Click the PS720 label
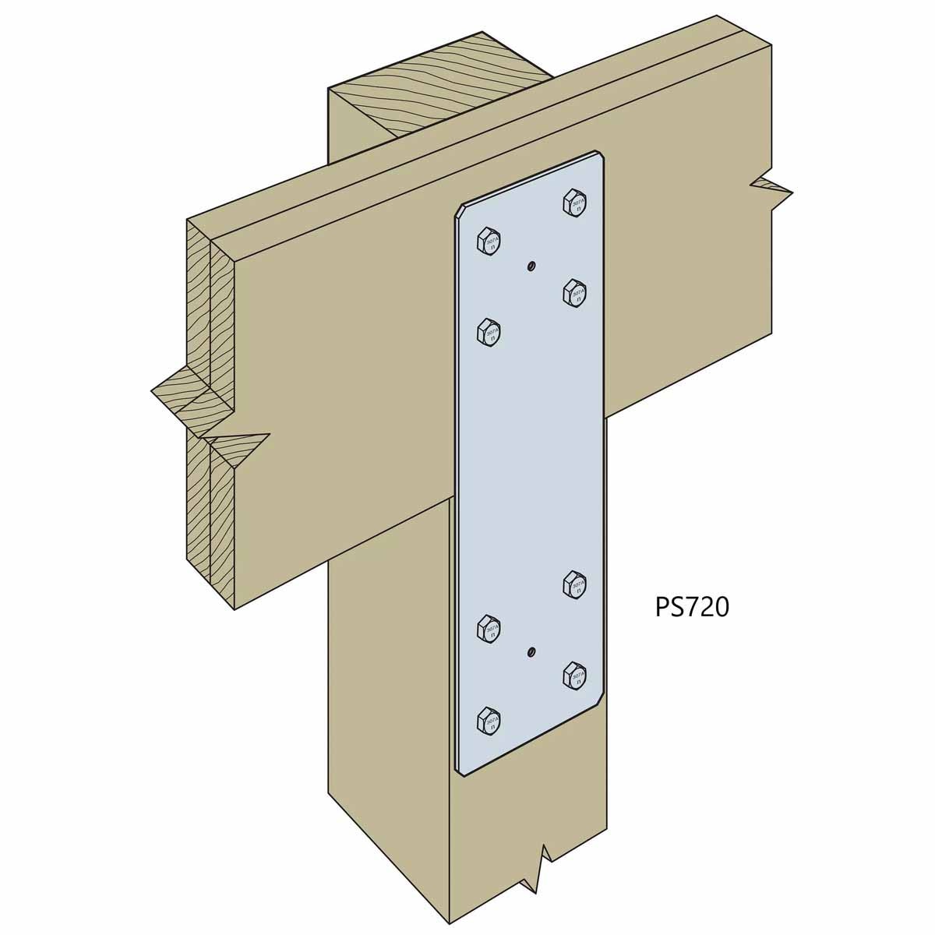click(x=691, y=607)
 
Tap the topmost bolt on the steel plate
click(x=574, y=202)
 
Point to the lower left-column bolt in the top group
click(x=489, y=331)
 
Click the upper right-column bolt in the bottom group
click(x=574, y=584)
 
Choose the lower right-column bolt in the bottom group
click(x=574, y=675)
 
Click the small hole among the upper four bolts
click(x=530, y=266)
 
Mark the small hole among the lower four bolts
click(x=530, y=651)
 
